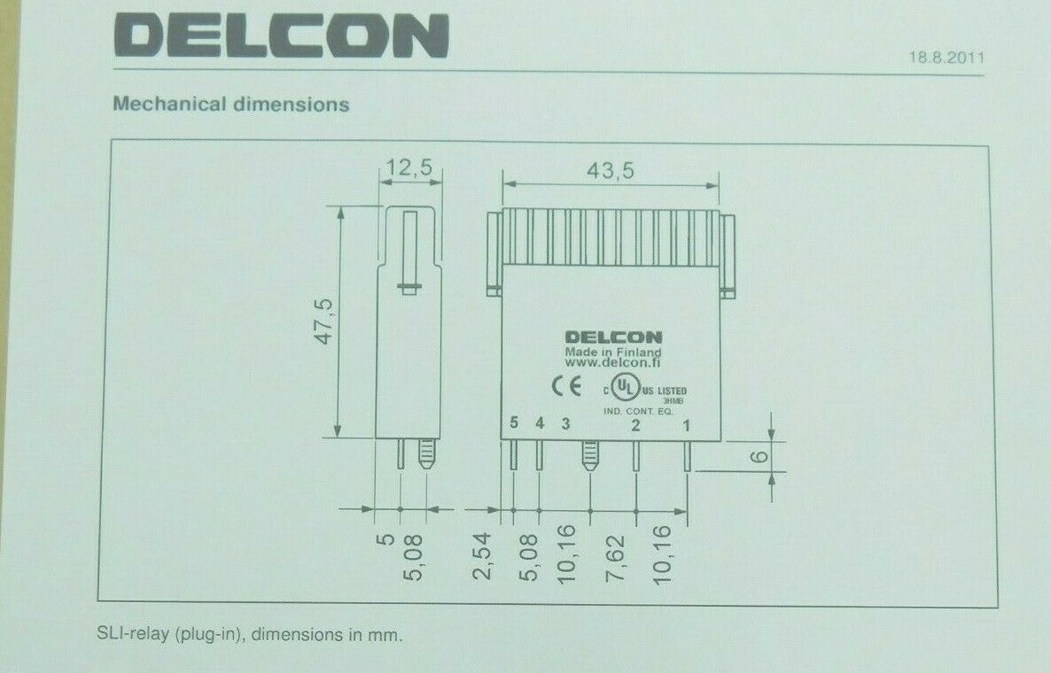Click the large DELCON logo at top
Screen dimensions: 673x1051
click(x=281, y=37)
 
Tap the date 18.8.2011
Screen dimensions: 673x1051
click(x=946, y=59)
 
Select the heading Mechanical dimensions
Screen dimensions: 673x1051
click(x=231, y=104)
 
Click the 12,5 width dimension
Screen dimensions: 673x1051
click(x=410, y=166)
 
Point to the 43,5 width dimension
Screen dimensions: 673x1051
click(x=611, y=171)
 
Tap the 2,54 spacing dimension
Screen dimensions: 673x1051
click(x=484, y=558)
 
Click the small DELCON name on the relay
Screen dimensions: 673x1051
click(x=613, y=337)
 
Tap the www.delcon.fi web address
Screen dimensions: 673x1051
click(x=613, y=362)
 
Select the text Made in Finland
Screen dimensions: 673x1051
click(x=613, y=351)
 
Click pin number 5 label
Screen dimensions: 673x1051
click(x=514, y=424)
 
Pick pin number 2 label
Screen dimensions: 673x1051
click(x=634, y=425)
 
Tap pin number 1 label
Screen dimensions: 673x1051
click(x=686, y=425)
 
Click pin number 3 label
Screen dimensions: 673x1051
click(x=566, y=424)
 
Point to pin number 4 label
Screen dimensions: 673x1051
click(x=540, y=424)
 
